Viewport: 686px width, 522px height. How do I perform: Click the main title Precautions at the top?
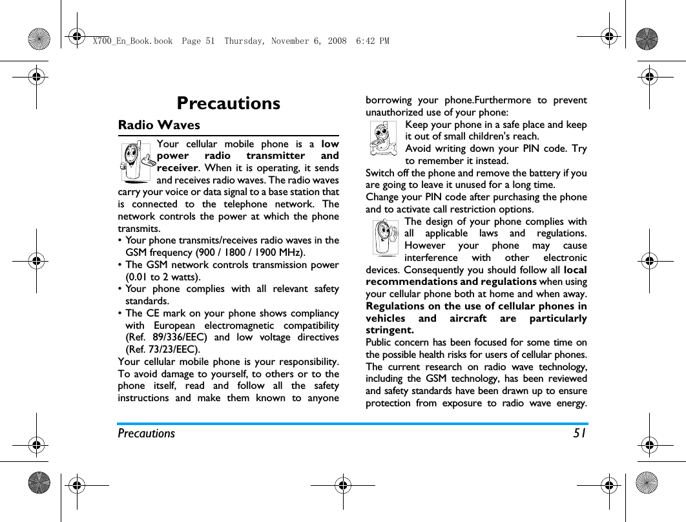[228, 103]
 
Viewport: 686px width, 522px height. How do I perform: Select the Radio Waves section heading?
[159, 125]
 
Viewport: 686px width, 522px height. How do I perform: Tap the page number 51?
[579, 433]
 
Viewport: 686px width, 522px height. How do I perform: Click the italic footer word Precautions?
[146, 433]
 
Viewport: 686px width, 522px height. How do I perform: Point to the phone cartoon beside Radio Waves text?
[136, 162]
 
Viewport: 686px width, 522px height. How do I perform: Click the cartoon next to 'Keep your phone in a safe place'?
[384, 138]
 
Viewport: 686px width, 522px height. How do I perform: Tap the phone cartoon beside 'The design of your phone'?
[386, 237]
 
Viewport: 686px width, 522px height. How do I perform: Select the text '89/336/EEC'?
[180, 337]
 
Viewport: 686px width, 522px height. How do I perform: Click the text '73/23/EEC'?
[168, 350]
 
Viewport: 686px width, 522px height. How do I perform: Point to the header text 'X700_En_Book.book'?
[132, 41]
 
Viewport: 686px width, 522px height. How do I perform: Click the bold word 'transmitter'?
[273, 156]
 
